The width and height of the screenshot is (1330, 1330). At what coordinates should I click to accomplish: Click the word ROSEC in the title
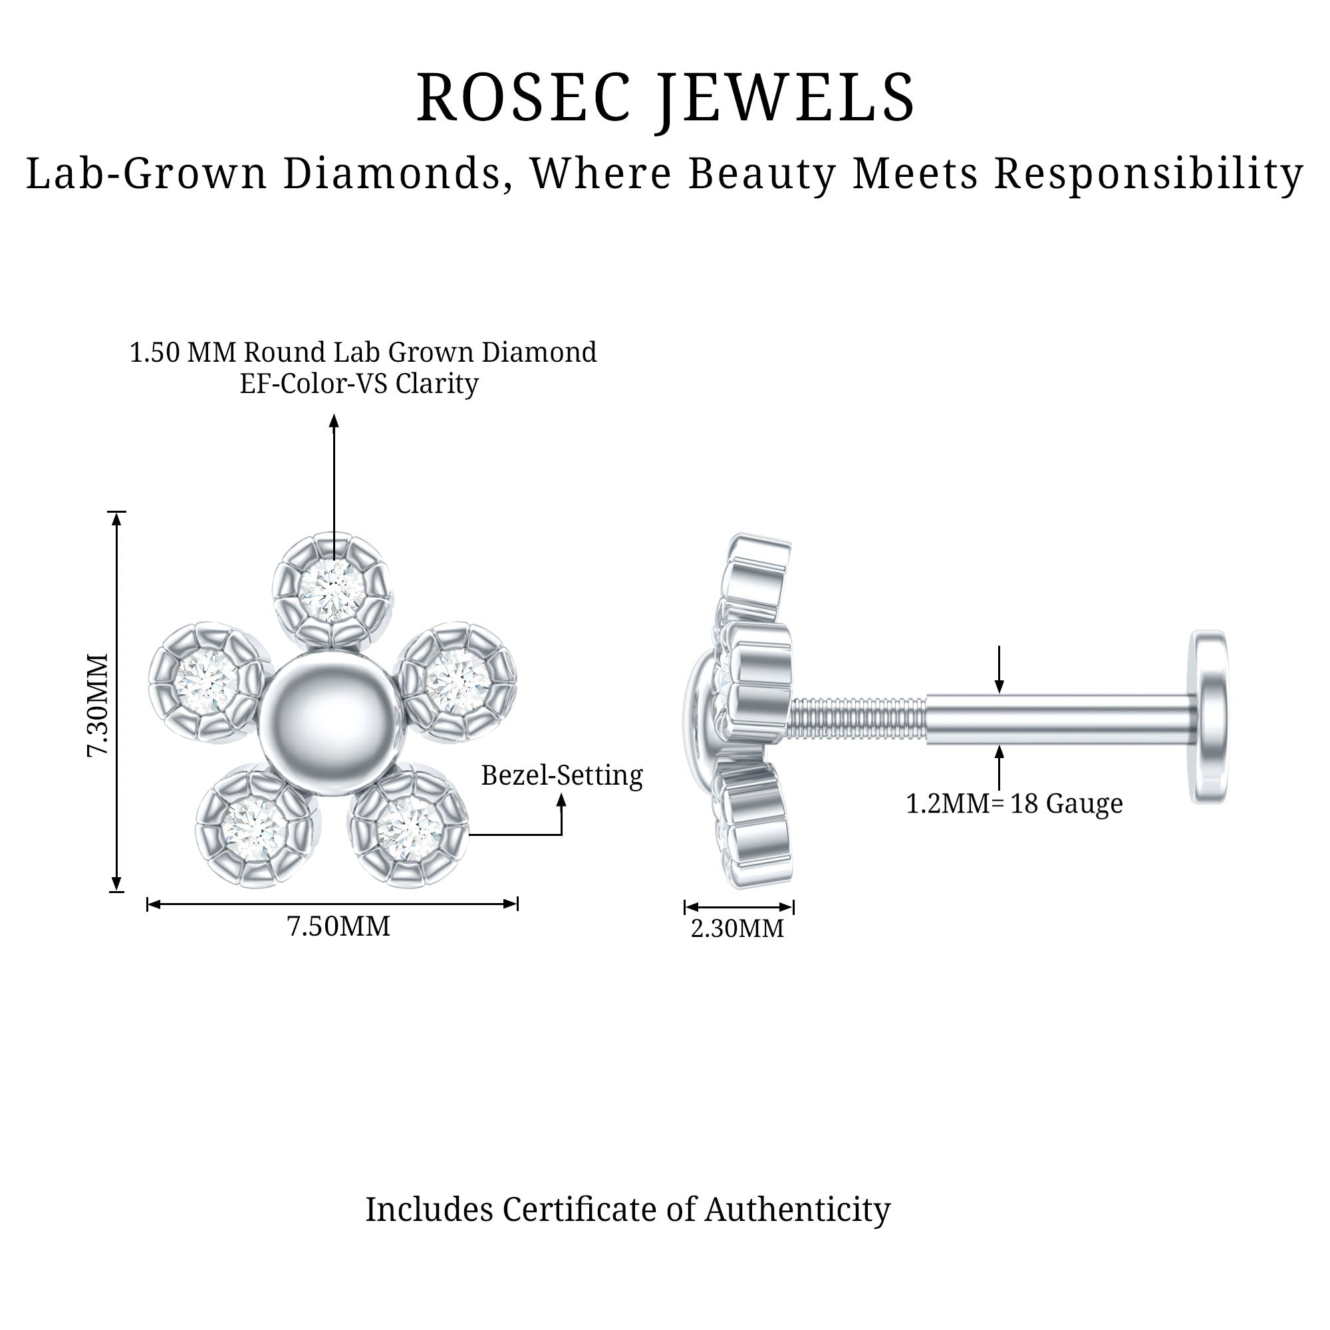pyautogui.click(x=523, y=98)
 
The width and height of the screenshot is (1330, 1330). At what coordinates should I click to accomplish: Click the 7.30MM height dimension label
pyautogui.click(x=98, y=706)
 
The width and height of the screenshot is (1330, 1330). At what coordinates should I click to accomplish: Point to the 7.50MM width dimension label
pyautogui.click(x=338, y=926)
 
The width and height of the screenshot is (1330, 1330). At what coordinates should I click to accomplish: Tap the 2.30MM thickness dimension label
pyautogui.click(x=737, y=928)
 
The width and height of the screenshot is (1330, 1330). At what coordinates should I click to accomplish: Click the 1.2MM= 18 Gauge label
pyautogui.click(x=1014, y=803)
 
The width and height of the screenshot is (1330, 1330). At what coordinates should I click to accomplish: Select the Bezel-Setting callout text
pyautogui.click(x=562, y=775)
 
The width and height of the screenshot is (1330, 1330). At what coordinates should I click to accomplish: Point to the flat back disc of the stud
pyautogui.click(x=1210, y=716)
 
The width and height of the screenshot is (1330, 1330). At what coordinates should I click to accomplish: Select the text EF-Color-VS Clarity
pyautogui.click(x=358, y=384)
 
